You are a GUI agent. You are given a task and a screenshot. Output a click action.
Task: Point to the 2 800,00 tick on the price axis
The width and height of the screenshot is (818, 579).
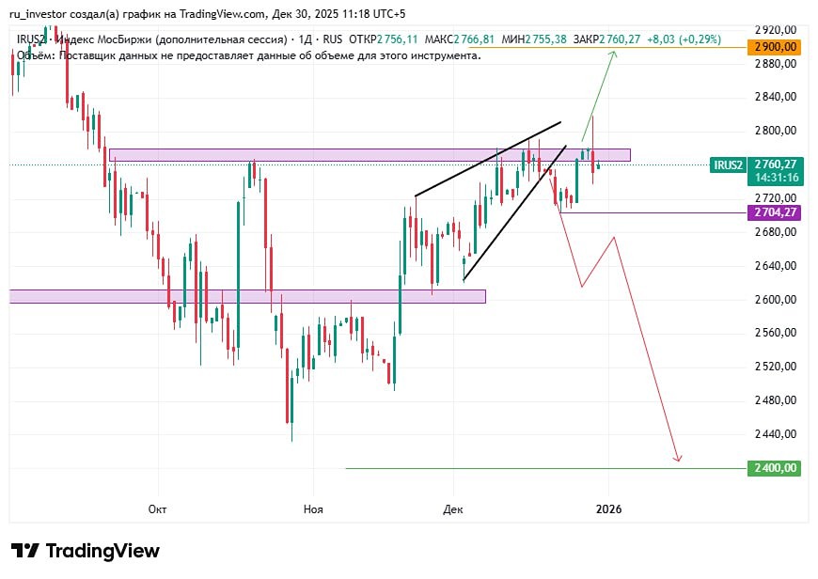[x=777, y=131]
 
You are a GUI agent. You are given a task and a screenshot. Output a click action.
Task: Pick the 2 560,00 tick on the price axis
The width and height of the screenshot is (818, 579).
[x=777, y=333]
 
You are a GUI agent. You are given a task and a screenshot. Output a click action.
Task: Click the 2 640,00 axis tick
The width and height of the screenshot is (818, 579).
[x=777, y=266]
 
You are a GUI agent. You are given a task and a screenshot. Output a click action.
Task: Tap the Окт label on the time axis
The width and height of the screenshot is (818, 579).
[x=157, y=509]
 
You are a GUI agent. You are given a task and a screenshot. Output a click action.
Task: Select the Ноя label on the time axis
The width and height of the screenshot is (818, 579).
[x=313, y=509]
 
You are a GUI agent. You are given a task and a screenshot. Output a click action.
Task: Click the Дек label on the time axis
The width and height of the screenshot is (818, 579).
[x=453, y=509]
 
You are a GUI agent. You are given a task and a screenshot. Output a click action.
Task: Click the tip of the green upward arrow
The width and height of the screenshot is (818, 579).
[x=615, y=52]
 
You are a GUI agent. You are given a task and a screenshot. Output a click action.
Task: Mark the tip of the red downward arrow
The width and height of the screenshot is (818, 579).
[x=678, y=462]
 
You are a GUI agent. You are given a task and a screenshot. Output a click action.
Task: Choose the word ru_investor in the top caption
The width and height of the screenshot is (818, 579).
[x=39, y=13]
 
